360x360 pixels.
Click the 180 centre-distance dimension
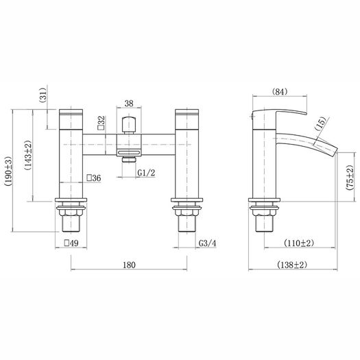(130, 265)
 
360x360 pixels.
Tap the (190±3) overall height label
(8, 171)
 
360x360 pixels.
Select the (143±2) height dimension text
(28, 155)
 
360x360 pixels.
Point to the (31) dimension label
(43, 95)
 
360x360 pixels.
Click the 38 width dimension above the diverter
(129, 104)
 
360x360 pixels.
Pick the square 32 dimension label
(101, 123)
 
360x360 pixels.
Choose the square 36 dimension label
(94, 178)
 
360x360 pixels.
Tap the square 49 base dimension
(71, 243)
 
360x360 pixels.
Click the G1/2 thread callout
(146, 173)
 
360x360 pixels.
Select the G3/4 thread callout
(207, 243)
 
